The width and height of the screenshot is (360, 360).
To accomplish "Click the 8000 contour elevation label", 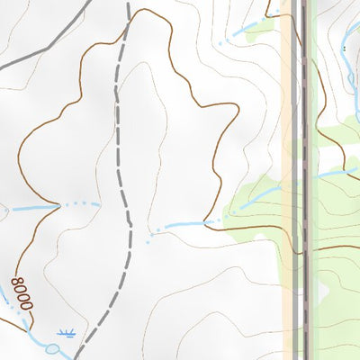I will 21,294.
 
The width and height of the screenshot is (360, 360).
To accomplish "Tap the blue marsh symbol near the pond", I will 65,332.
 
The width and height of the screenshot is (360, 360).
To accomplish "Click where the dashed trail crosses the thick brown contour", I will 129,18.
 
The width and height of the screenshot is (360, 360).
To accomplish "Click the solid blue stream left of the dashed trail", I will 31,208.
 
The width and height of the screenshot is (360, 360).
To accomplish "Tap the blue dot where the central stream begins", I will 148,241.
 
